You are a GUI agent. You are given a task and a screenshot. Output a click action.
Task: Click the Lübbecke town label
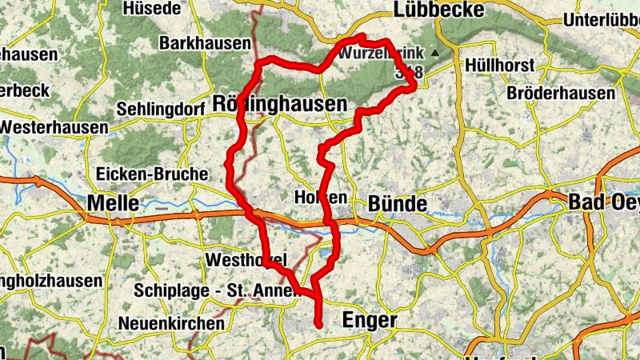[439, 10]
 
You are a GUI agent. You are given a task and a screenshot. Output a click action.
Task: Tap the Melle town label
[113, 203]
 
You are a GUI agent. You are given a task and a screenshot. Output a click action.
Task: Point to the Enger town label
[370, 320]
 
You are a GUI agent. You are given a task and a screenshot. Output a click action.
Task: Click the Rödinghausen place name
[280, 104]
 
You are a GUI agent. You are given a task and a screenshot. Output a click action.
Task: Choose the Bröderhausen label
[561, 94]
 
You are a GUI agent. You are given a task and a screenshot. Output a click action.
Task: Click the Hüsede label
[152, 10]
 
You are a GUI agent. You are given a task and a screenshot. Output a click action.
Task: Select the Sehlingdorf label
[162, 108]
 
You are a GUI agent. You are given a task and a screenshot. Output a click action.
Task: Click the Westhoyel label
[241, 261]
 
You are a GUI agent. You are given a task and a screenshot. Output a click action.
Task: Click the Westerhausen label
[54, 127]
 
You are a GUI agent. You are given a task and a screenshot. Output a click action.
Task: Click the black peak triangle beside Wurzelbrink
[434, 54]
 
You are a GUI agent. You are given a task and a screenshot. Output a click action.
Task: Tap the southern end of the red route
[318, 325]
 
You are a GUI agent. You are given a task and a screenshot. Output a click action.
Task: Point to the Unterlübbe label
[601, 20]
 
